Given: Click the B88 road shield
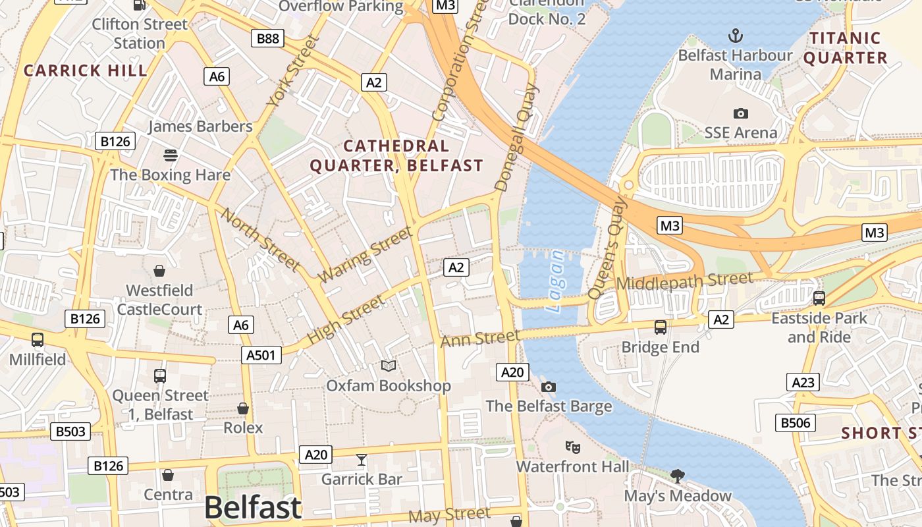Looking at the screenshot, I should pos(267,38).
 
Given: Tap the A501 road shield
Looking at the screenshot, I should pos(261,355).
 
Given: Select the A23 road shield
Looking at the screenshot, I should pos(803,382).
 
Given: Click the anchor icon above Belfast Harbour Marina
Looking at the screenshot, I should pos(735,35).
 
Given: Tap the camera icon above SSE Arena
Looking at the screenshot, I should pos(741,113).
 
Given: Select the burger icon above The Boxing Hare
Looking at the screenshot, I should pos(171,155).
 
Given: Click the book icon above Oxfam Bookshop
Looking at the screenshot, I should pos(389,366).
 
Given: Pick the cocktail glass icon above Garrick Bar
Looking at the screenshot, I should pos(361,459).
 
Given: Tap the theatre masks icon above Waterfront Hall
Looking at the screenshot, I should pos(573,447).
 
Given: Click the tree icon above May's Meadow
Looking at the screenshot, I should pos(677,476).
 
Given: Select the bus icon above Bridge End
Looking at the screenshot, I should pos(660,327).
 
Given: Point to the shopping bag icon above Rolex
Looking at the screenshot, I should pos(243,408).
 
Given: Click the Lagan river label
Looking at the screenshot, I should pos(555,281).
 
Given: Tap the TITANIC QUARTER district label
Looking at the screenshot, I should pos(846,48).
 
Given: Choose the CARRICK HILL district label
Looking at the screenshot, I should pos(86,70).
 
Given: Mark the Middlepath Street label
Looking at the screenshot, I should pos(684,281).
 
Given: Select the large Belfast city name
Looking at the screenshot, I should pos(253,507).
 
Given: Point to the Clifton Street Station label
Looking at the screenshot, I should pos(140,34).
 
